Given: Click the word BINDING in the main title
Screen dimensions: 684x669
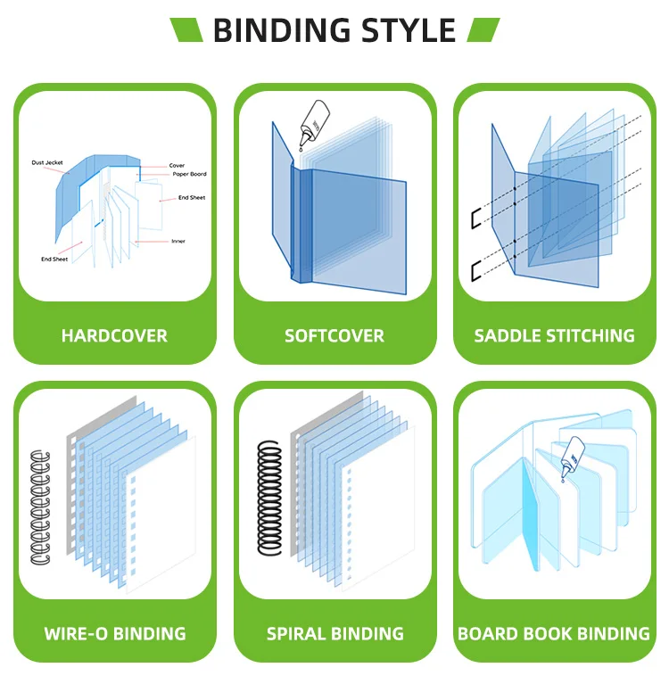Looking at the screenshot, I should point(277,30).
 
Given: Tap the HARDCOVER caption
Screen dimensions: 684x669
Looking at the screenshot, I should point(114,336).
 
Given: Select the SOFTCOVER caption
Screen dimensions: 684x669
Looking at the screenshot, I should point(334,336).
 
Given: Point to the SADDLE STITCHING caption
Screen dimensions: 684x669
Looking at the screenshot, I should point(554,336).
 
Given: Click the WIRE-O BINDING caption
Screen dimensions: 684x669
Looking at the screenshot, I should point(115,634).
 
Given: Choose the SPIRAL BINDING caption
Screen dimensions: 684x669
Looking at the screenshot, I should point(334,634).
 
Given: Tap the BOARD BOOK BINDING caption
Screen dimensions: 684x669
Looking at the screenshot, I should point(554,634).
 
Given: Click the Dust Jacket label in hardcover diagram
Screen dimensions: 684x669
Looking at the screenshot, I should point(49,163).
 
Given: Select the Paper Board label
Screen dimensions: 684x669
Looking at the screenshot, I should point(189,175).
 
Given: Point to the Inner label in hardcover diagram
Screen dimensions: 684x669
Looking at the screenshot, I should point(178,241).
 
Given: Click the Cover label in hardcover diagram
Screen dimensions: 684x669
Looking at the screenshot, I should point(177,165).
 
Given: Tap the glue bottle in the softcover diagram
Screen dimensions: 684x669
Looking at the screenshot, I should point(314,121).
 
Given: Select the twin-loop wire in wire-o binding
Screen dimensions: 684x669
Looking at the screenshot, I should point(41,507).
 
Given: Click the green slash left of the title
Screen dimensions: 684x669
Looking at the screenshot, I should point(187,30).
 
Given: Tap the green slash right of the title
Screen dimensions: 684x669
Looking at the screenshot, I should point(483,30).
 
